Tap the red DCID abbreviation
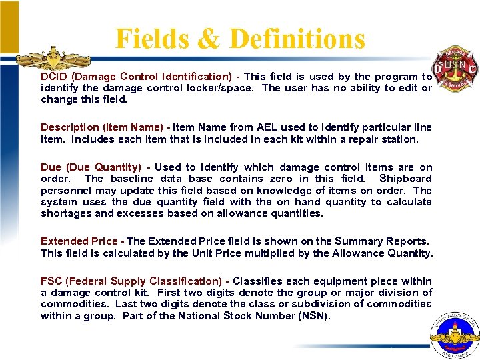click(53, 77)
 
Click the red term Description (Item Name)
click(102, 127)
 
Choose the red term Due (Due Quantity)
click(91, 167)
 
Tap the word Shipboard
click(405, 179)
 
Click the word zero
click(285, 179)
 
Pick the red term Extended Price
click(79, 241)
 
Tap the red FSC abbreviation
click(53, 281)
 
